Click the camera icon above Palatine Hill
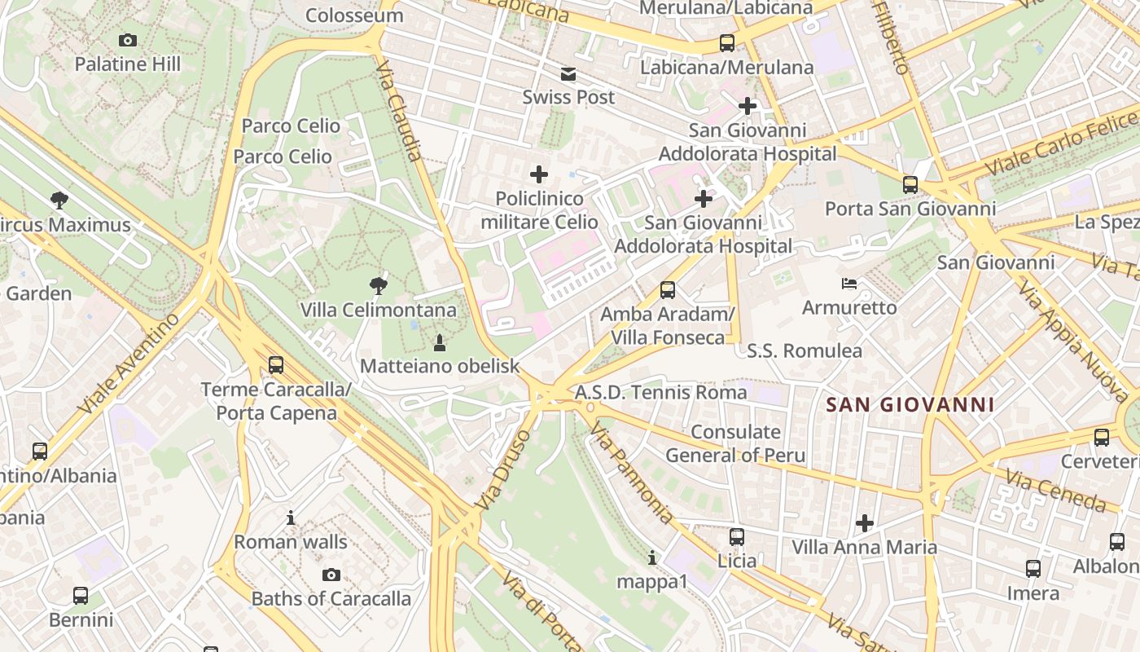(x=128, y=40)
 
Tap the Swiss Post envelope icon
(x=568, y=75)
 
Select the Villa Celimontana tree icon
(x=378, y=285)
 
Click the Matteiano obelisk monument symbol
(x=440, y=341)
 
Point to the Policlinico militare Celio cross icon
(x=539, y=174)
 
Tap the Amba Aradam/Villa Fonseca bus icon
(x=668, y=289)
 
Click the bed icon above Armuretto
(x=849, y=284)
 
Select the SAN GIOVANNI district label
(x=910, y=404)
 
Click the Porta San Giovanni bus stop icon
(x=910, y=185)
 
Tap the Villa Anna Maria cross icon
(x=865, y=522)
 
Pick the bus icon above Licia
(x=737, y=536)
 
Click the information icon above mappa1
(x=651, y=557)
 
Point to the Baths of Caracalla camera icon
(x=331, y=575)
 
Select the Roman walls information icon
(x=291, y=518)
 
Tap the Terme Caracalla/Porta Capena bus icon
(x=276, y=364)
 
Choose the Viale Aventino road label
(x=130, y=363)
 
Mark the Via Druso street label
(x=503, y=471)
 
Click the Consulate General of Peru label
(x=735, y=443)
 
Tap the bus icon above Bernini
(x=81, y=596)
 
